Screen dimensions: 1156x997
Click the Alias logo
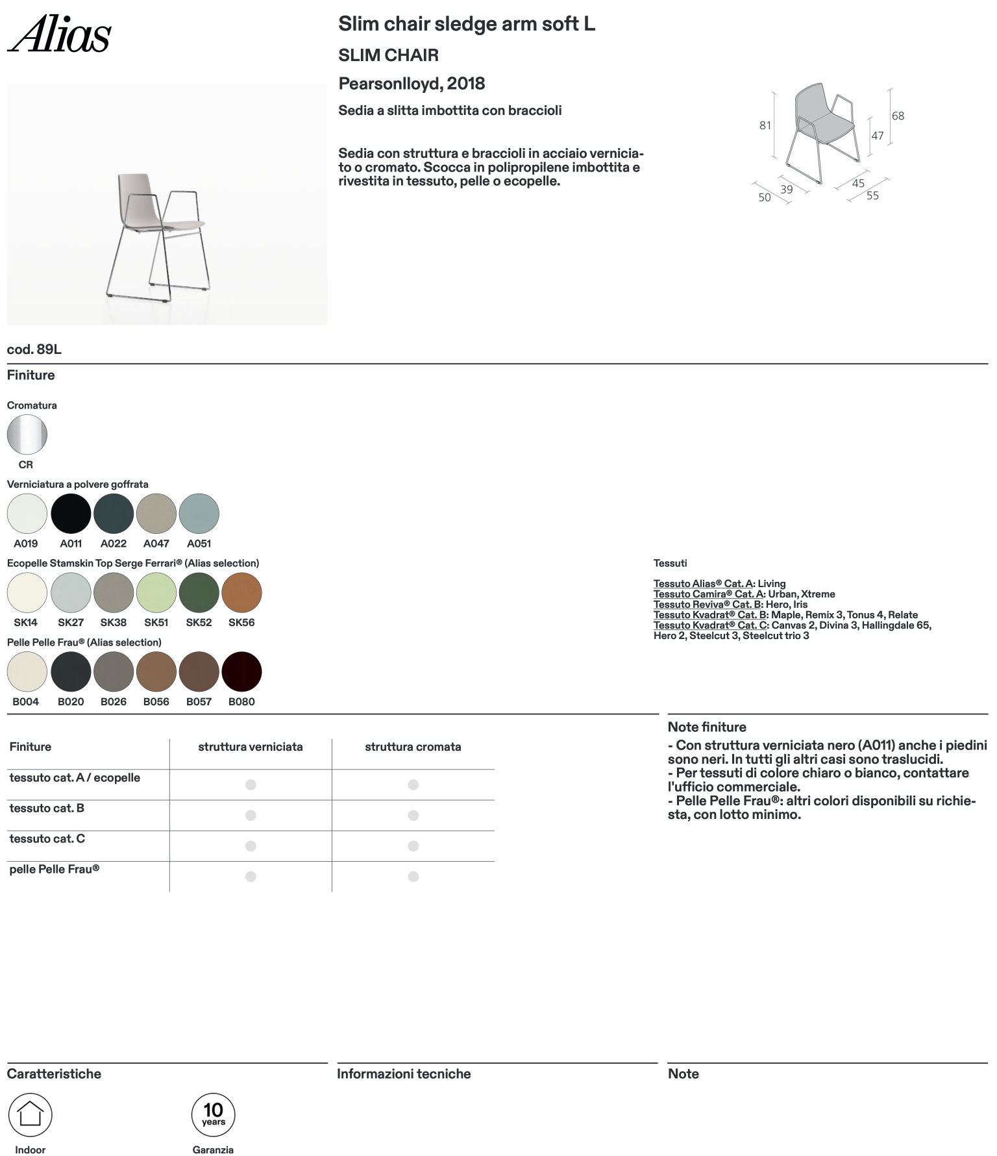tap(59, 34)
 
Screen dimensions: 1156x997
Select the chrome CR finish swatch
tap(27, 434)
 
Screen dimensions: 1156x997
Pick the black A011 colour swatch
tap(71, 514)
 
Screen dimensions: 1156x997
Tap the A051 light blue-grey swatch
tap(199, 514)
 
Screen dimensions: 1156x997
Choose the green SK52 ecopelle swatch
tap(199, 592)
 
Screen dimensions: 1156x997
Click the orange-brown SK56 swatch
tap(241, 592)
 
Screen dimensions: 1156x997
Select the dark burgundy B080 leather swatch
tap(241, 672)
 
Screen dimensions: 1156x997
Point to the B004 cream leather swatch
tap(27, 672)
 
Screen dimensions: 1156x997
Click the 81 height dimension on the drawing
tap(765, 125)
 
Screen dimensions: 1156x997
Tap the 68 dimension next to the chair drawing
tap(898, 116)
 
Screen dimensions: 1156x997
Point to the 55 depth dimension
tap(872, 195)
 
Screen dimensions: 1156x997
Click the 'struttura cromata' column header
tap(413, 747)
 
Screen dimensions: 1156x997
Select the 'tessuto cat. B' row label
tap(47, 809)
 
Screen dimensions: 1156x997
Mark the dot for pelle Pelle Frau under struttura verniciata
tap(251, 877)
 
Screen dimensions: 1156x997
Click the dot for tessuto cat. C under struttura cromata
tap(413, 846)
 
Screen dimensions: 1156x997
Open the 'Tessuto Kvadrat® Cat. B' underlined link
tap(711, 615)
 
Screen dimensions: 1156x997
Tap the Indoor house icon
tap(30, 1114)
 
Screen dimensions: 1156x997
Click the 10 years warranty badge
tap(213, 1114)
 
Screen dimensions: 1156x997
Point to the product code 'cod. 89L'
tap(34, 349)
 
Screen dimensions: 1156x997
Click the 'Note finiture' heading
tap(707, 727)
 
